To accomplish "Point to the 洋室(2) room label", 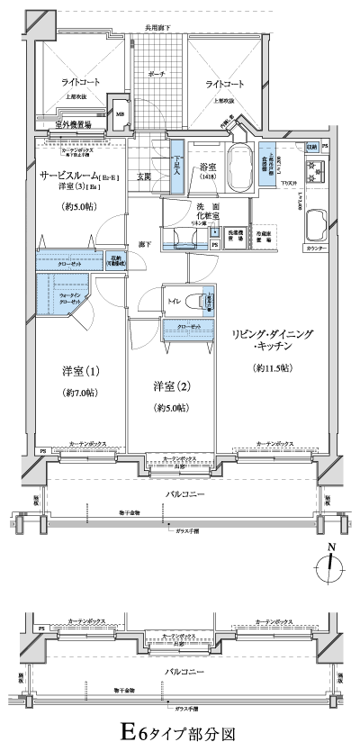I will coord(170,387).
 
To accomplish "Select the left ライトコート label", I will coord(80,84).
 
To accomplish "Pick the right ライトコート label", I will coord(224,84).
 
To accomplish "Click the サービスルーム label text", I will coord(69,176).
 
